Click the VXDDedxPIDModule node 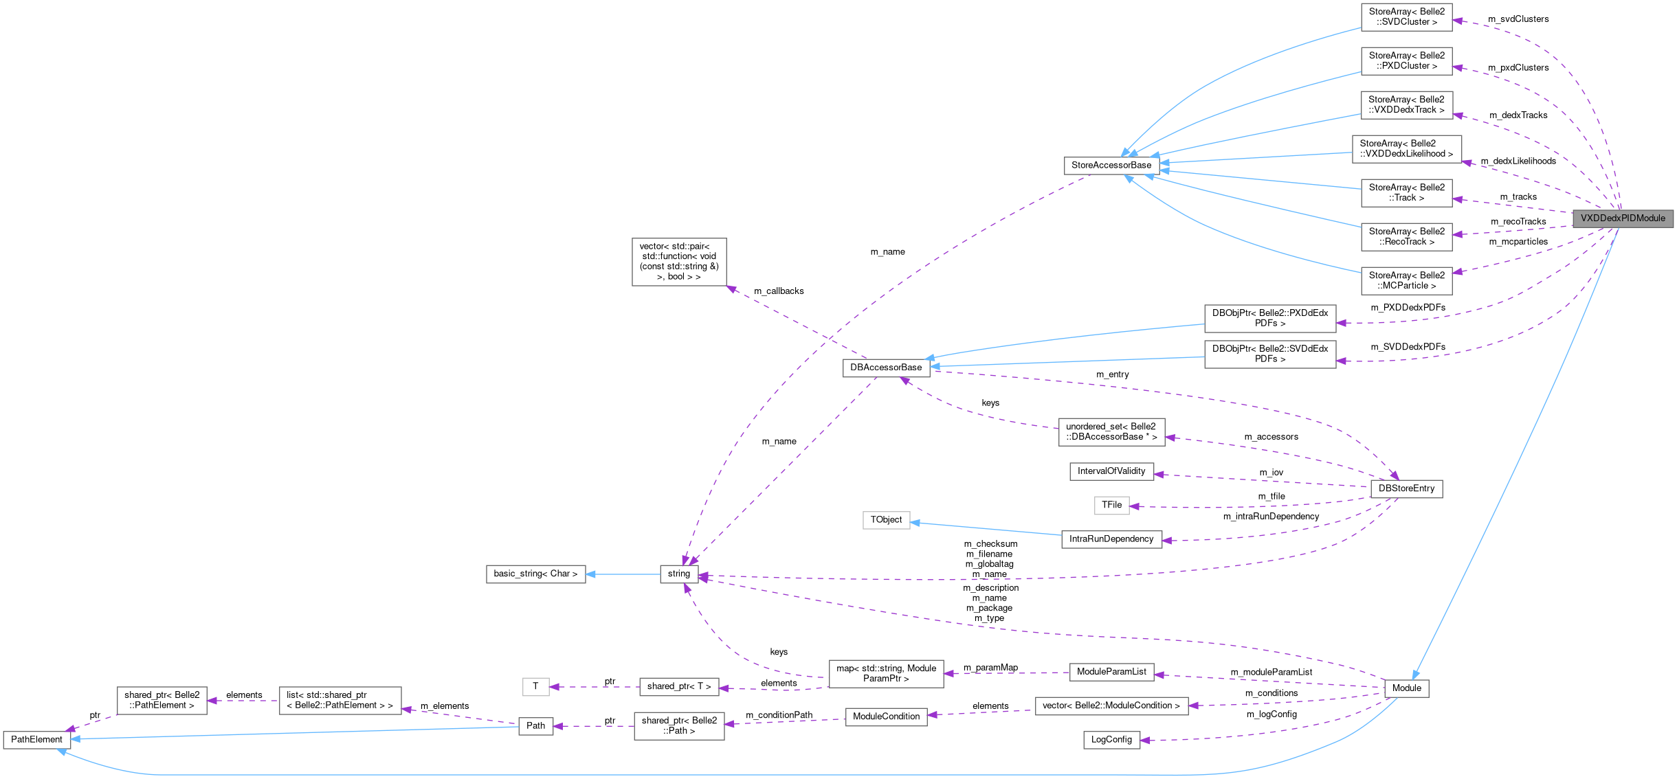pos(1622,218)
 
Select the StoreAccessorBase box pos(1111,166)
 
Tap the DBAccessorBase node pos(886,368)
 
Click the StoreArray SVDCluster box pos(1406,17)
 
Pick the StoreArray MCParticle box pos(1406,281)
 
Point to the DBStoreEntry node pos(1406,489)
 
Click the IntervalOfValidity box pos(1111,471)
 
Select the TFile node pos(1111,505)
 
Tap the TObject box pos(886,520)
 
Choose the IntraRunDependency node pos(1111,539)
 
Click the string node pos(678,574)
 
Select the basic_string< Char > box pos(535,574)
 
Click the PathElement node pos(36,740)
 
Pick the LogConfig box pos(1111,740)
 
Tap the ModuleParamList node pos(1111,672)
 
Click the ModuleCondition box pos(886,716)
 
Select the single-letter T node pos(535,686)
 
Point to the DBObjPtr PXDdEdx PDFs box pos(1269,319)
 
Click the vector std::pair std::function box pos(678,262)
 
